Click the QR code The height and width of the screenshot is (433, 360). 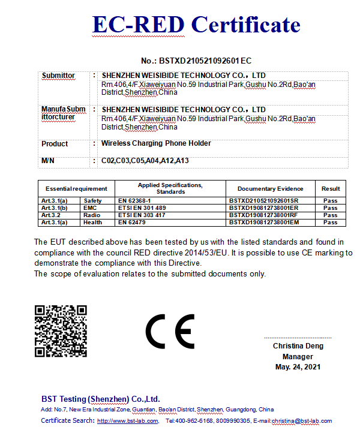61,331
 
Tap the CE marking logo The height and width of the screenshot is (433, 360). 170,331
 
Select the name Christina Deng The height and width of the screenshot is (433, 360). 298,346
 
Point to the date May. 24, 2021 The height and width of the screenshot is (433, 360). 298,366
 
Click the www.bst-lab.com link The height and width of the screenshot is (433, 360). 128,421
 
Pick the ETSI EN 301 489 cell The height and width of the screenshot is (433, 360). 142,208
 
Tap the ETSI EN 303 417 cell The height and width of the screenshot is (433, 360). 142,215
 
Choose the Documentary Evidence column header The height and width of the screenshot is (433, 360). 270,188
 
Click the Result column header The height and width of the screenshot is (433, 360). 331,188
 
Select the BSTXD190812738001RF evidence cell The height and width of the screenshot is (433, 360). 263,215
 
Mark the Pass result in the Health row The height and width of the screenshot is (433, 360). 331,222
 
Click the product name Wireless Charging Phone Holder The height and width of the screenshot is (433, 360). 156,144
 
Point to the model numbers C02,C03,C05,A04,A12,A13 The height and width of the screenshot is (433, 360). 145,161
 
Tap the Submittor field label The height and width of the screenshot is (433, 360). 58,76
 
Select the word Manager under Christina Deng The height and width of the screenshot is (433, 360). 298,356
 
